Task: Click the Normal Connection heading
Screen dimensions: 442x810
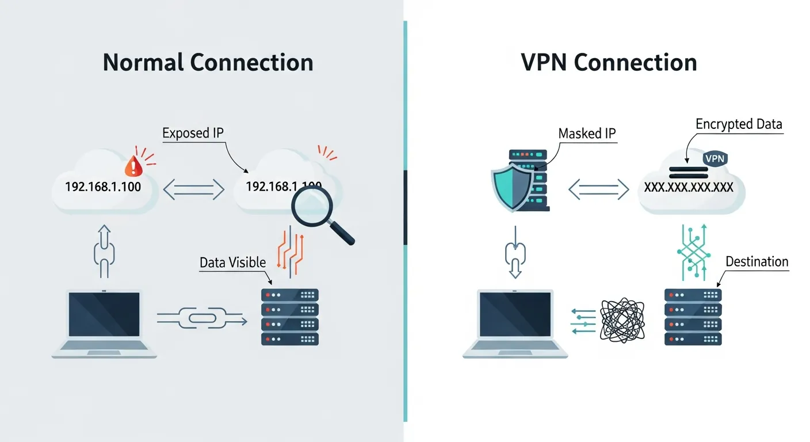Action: pyautogui.click(x=208, y=63)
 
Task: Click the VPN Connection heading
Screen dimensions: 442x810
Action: pyautogui.click(x=609, y=63)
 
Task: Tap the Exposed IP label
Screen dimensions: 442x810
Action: pyautogui.click(x=193, y=134)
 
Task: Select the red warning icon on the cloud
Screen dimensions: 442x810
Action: pyautogui.click(x=133, y=167)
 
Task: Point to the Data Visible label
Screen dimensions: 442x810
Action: pyautogui.click(x=232, y=263)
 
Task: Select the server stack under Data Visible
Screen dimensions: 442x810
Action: pyautogui.click(x=290, y=317)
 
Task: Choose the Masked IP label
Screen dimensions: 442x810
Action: pyautogui.click(x=587, y=134)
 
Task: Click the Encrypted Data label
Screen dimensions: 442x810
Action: pyautogui.click(x=739, y=124)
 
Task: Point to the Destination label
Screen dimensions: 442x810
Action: pyautogui.click(x=756, y=262)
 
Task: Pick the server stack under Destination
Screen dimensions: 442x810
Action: pyautogui.click(x=693, y=317)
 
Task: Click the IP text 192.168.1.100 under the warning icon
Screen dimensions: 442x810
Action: pyautogui.click(x=104, y=187)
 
